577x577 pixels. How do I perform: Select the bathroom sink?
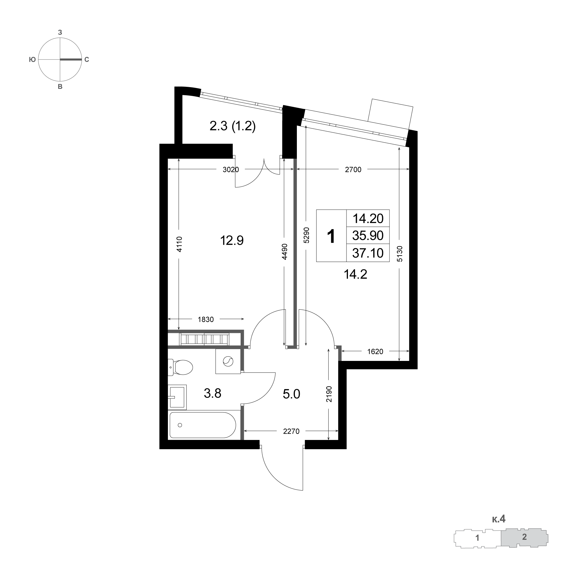pyautogui.click(x=177, y=397)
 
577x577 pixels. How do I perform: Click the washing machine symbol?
pyautogui.click(x=228, y=361)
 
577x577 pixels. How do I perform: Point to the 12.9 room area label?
pyautogui.click(x=232, y=240)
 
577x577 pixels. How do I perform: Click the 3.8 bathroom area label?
pyautogui.click(x=213, y=393)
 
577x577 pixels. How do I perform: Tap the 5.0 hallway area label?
pyautogui.click(x=291, y=394)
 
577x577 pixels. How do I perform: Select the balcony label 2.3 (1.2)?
pyautogui.click(x=233, y=126)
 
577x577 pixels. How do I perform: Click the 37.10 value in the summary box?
pyautogui.click(x=368, y=253)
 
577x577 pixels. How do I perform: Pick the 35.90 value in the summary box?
pyautogui.click(x=368, y=236)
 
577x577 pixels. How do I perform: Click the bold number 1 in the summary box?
pyautogui.click(x=331, y=236)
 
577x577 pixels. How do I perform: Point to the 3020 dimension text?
pyautogui.click(x=231, y=170)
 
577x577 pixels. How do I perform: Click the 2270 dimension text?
pyautogui.click(x=291, y=431)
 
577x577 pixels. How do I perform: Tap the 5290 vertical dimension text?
pyautogui.click(x=306, y=235)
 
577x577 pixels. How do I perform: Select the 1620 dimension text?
pyautogui.click(x=375, y=351)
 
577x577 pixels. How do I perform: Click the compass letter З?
pyautogui.click(x=60, y=33)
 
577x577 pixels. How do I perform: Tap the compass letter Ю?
pyautogui.click(x=32, y=60)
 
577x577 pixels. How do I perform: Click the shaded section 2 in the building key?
pyautogui.click(x=524, y=537)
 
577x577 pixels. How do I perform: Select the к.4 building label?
pyautogui.click(x=499, y=519)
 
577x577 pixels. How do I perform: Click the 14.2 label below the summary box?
pyautogui.click(x=355, y=274)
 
